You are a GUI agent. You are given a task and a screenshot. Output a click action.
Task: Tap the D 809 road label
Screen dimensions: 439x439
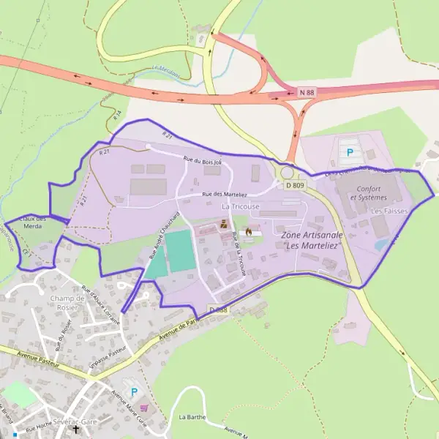(x=295, y=185)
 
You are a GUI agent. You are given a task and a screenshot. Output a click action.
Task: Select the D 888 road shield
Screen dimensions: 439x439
(x=219, y=310)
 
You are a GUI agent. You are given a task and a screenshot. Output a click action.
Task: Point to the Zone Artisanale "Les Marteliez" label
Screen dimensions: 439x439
(x=312, y=239)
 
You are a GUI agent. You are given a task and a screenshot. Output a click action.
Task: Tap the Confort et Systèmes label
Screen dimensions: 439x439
(x=369, y=193)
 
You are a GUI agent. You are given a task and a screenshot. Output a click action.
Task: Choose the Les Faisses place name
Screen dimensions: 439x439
(x=389, y=211)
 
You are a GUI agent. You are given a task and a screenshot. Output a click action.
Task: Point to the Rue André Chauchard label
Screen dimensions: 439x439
(x=164, y=236)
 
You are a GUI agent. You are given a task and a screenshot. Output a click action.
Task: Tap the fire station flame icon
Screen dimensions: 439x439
(x=249, y=232)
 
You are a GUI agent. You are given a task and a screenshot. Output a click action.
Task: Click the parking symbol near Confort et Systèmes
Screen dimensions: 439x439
(x=350, y=153)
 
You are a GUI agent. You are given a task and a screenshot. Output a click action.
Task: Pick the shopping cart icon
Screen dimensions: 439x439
(x=144, y=408)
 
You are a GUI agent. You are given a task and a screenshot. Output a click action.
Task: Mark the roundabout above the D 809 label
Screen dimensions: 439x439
(x=288, y=173)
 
